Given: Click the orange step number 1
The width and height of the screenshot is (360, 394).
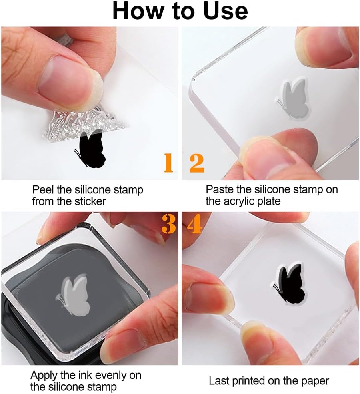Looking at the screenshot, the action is click(169, 163).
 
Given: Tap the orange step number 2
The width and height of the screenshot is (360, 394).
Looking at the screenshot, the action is click(197, 163).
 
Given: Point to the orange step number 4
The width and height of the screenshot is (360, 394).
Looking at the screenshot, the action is click(195, 224).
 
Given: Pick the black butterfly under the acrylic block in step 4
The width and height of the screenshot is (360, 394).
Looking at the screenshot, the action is click(291, 283).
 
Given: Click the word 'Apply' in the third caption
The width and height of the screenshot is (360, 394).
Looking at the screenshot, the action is click(44, 376).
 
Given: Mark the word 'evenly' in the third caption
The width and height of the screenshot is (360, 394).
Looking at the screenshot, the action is click(111, 376).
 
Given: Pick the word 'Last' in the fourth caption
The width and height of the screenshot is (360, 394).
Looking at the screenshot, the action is click(219, 381).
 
